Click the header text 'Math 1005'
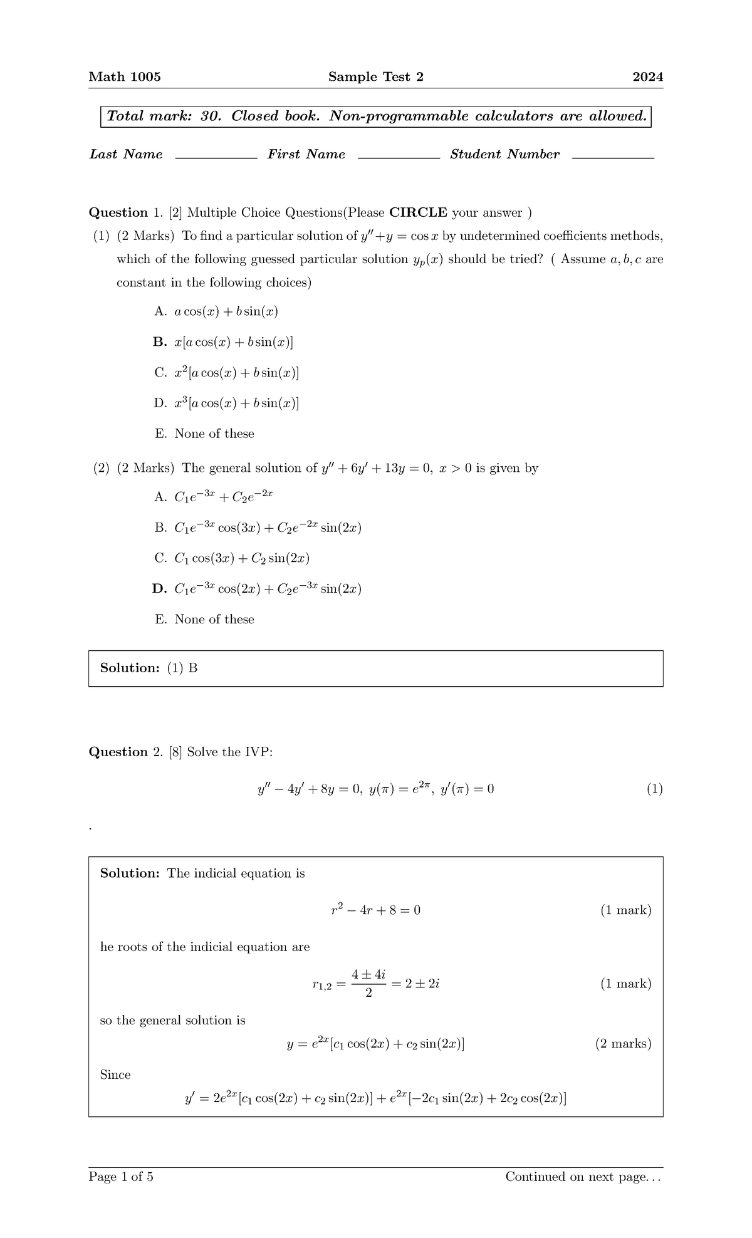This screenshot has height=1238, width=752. (x=125, y=77)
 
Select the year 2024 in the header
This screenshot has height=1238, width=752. (x=647, y=77)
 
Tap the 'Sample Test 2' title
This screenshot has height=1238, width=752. (x=375, y=77)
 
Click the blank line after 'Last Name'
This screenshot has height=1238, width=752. (x=216, y=158)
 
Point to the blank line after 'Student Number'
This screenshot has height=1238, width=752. (x=613, y=158)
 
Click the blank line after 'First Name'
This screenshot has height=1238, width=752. (x=399, y=158)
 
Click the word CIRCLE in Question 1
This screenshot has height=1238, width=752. (x=418, y=212)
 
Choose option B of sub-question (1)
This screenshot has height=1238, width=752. (x=223, y=342)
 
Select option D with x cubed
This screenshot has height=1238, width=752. (x=226, y=403)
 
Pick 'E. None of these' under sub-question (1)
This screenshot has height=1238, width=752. (x=204, y=434)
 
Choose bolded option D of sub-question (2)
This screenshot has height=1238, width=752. (x=258, y=589)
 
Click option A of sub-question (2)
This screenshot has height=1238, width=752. (x=214, y=497)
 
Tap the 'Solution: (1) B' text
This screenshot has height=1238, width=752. (x=149, y=668)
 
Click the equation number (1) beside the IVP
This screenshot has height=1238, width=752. (x=654, y=789)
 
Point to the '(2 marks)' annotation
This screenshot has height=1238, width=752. (x=623, y=1044)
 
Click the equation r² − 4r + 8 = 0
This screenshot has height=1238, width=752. (x=375, y=910)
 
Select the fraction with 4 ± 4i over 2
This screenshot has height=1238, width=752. (x=368, y=984)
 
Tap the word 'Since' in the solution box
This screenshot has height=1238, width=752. (x=115, y=1075)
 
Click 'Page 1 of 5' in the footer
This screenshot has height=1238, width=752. (x=121, y=1177)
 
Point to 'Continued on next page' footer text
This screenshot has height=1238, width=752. (x=583, y=1177)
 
